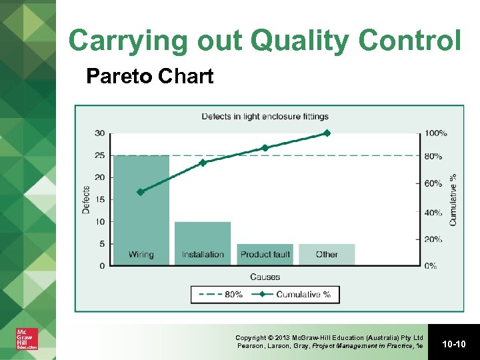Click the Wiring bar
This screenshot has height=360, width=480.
(x=141, y=210)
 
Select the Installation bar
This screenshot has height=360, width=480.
(x=203, y=243)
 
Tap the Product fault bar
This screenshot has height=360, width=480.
(x=265, y=254)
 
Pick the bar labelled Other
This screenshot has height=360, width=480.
(x=327, y=254)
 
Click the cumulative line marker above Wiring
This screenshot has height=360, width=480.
(x=140, y=192)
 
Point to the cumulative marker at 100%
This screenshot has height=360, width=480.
(x=327, y=133)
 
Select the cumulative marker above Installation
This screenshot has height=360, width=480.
(x=203, y=162)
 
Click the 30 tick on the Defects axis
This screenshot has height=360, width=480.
(x=99, y=133)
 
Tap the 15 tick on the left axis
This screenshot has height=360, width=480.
(x=99, y=199)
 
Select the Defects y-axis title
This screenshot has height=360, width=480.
(x=86, y=199)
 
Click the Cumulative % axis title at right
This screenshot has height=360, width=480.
(x=453, y=199)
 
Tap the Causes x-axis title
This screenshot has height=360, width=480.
(x=265, y=277)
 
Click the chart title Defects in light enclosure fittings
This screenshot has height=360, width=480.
(x=265, y=117)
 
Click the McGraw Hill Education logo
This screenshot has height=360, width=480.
(x=27, y=339)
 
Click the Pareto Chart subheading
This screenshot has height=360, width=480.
(x=150, y=77)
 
